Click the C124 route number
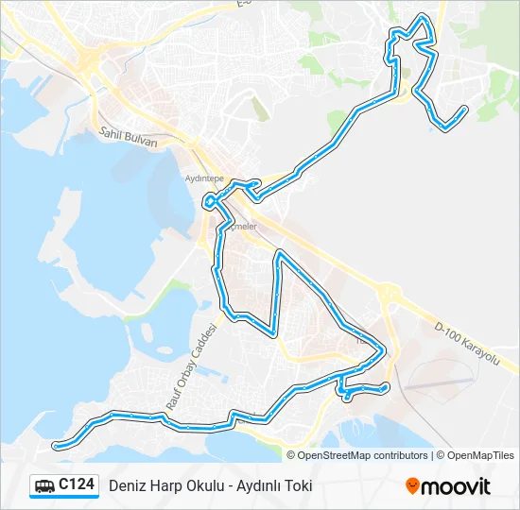coord(77,484)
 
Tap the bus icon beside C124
coord(44,485)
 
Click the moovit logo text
coord(456,486)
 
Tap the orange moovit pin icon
coord(412,486)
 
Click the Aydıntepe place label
coord(204,178)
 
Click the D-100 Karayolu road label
coord(465,340)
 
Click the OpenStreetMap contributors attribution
coord(363,455)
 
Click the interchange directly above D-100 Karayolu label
coord(389,295)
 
